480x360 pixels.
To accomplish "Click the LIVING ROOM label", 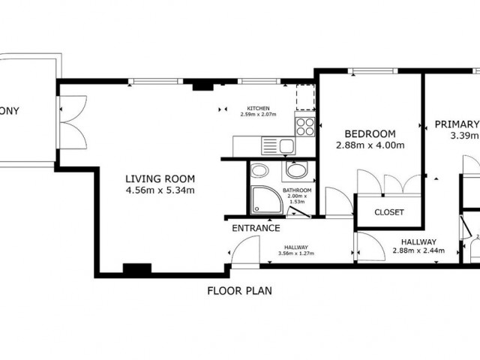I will [160, 178].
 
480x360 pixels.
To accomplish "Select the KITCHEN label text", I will [259, 107].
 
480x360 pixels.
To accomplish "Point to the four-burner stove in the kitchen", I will [305, 126].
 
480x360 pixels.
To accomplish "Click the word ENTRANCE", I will [256, 228].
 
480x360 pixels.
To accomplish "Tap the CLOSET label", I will [388, 212].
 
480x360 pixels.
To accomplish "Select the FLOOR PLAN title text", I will [239, 290].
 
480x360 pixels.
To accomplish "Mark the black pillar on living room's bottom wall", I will [136, 268].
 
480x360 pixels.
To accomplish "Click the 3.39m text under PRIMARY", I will [463, 136].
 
